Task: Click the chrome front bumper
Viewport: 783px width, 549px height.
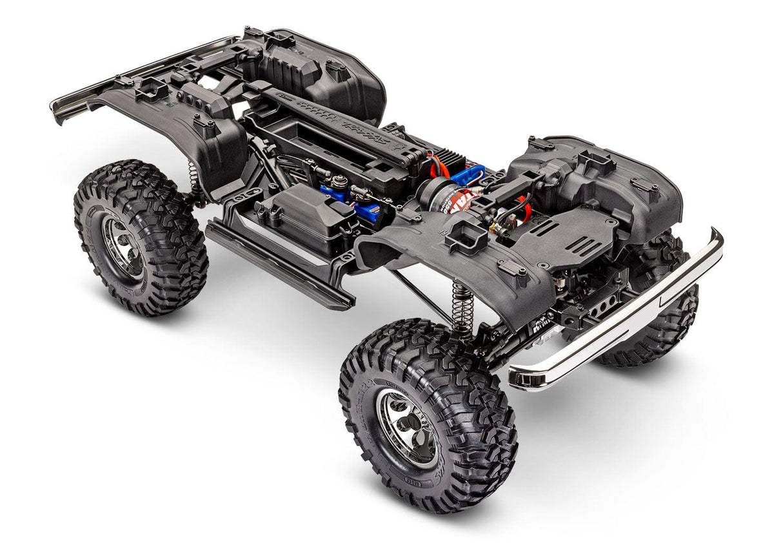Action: coord(619,323)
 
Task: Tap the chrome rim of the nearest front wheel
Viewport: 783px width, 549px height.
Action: coord(408,426)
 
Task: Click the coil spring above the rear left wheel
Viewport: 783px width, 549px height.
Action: coord(192,178)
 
